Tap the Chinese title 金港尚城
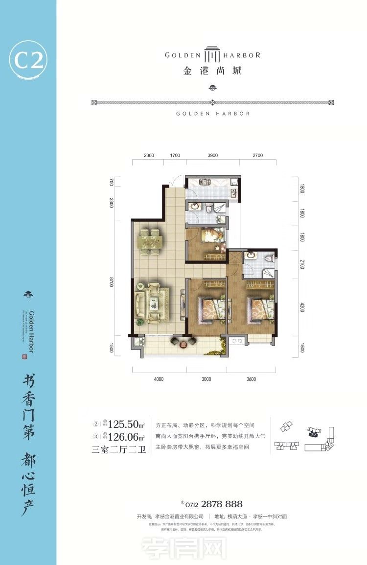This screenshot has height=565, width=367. point(212,71)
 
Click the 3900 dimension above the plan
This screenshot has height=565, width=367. point(212,156)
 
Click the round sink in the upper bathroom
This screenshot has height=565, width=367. point(194,206)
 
